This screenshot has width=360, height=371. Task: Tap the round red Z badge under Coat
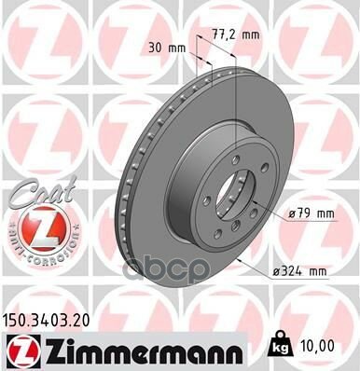click(x=31, y=227)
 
